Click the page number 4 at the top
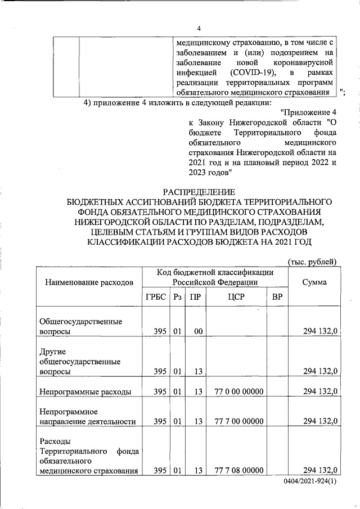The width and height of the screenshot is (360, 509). pos(198,29)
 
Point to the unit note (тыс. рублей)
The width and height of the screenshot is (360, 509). pos(312,262)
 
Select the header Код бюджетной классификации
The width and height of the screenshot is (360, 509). pos(215,272)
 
